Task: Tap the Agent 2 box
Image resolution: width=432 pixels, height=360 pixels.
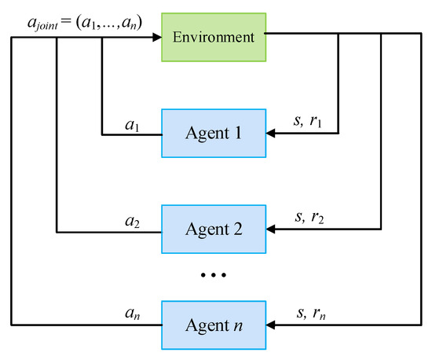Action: pos(214,230)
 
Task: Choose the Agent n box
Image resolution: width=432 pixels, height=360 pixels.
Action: pos(214,324)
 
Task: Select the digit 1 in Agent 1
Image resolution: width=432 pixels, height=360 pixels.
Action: pos(239,134)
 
